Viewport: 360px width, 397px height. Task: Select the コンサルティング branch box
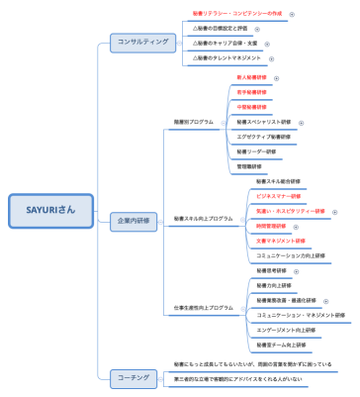click(x=142, y=42)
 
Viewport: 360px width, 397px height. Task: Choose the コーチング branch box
click(x=133, y=376)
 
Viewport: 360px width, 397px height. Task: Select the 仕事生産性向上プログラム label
click(x=204, y=308)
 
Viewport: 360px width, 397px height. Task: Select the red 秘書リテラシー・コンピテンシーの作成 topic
click(x=237, y=14)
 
